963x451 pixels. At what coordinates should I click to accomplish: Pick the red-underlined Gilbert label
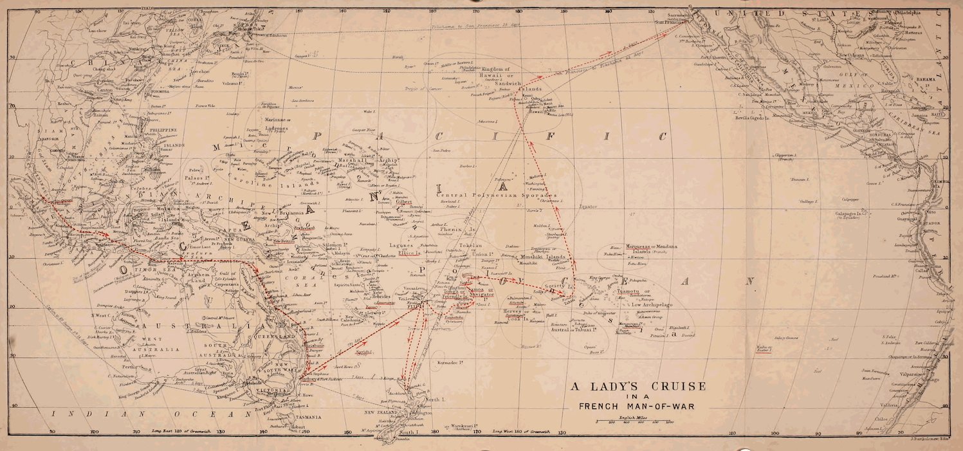(403, 201)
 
